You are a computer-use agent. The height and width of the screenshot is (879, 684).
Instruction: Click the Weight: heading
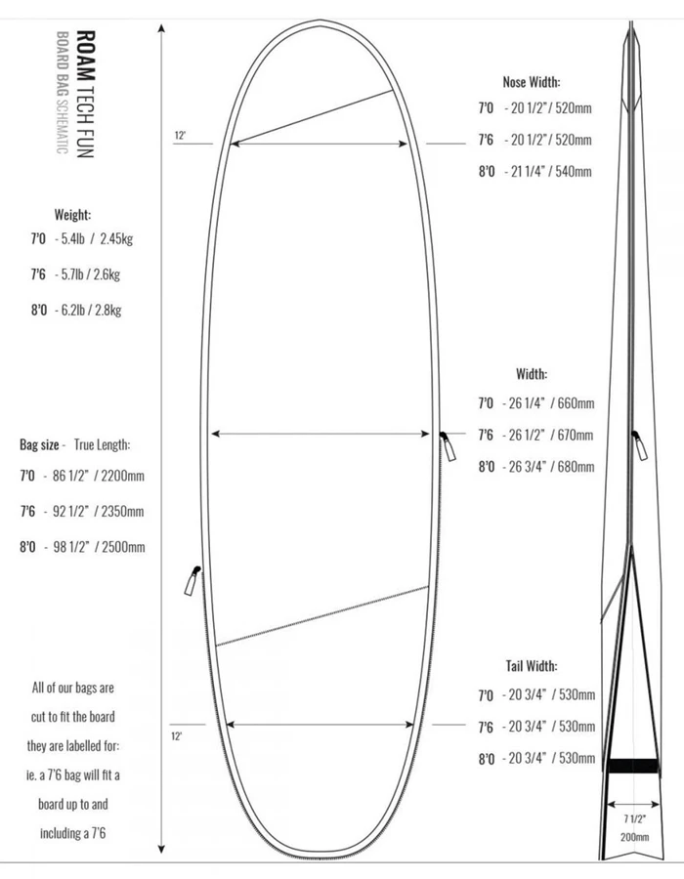click(72, 214)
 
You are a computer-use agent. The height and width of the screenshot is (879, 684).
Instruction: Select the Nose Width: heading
click(532, 82)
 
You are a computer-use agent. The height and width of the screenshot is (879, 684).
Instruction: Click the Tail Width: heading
click(532, 666)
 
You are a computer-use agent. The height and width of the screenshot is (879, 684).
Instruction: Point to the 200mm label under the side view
click(634, 837)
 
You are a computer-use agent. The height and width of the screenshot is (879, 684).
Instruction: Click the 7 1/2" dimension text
click(634, 817)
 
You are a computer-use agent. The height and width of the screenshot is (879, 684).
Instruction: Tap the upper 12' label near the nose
click(180, 137)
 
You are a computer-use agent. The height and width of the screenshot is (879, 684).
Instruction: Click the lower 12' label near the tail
click(177, 734)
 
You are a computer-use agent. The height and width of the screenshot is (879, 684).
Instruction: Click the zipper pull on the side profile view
click(639, 446)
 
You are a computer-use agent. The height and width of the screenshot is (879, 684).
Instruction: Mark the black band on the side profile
click(631, 766)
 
